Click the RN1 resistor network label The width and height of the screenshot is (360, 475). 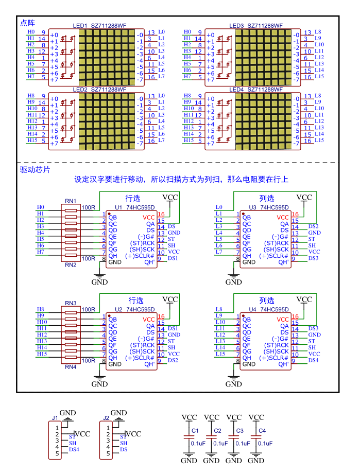pyautogui.click(x=71, y=201)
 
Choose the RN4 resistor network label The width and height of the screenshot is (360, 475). pyautogui.click(x=71, y=367)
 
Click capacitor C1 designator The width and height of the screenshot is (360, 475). pyautogui.click(x=195, y=430)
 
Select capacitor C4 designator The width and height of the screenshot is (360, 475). pyautogui.click(x=262, y=430)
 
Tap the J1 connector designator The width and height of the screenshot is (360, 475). pyautogui.click(x=55, y=418)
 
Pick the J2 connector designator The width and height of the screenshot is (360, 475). pyautogui.click(x=106, y=418)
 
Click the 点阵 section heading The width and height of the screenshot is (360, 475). pyautogui.click(x=27, y=23)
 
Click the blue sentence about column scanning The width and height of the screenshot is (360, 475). pyautogui.click(x=181, y=180)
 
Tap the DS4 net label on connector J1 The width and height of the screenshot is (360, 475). pyautogui.click(x=74, y=450)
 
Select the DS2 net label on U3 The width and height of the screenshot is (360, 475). pyautogui.click(x=313, y=226)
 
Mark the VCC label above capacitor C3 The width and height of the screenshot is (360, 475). pyautogui.click(x=234, y=417)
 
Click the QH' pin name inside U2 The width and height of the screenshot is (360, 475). pyautogui.click(x=149, y=364)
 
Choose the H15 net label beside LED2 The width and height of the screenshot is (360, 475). pyautogui.click(x=32, y=140)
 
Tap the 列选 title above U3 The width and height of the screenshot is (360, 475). pyautogui.click(x=267, y=198)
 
